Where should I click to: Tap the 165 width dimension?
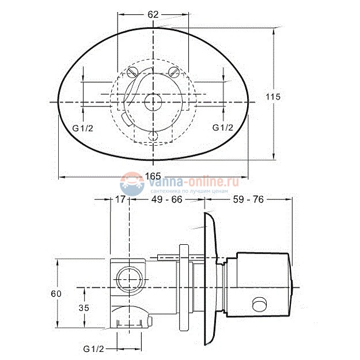point(153,175)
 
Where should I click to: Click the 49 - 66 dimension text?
point(166,199)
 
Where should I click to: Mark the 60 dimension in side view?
point(56,294)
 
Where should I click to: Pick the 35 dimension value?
point(84,308)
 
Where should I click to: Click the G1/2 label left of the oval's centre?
point(83,127)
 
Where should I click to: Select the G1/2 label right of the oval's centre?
point(223,127)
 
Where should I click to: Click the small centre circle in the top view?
point(153,102)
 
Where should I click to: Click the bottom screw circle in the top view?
point(153,136)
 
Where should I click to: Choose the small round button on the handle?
point(261,304)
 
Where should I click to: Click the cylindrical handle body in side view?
point(262,282)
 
